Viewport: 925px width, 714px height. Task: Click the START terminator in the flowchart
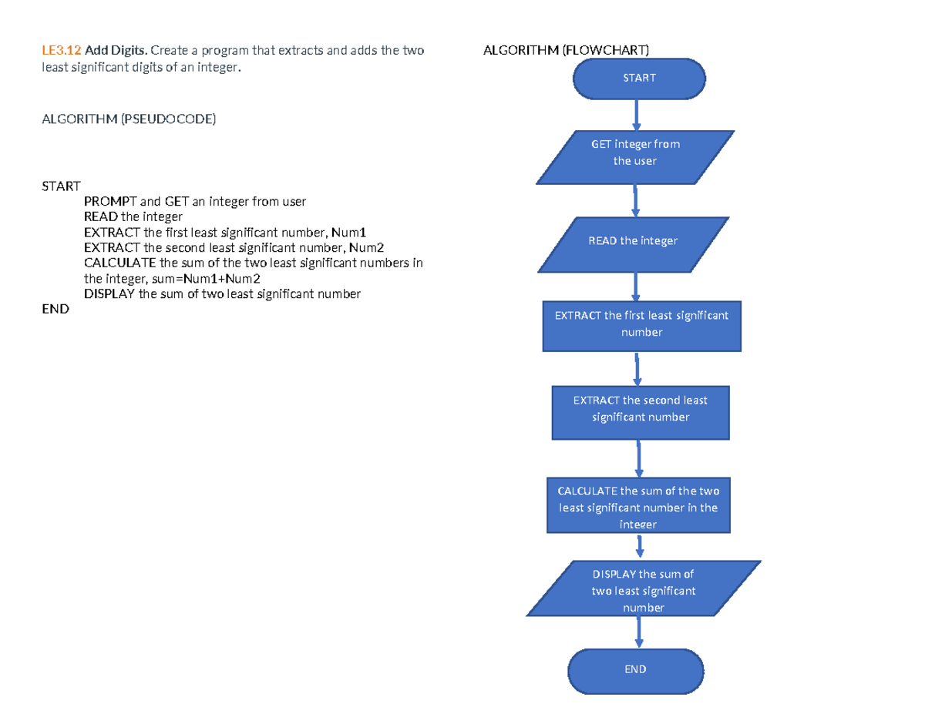pyautogui.click(x=638, y=78)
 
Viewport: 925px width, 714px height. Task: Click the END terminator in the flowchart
pyautogui.click(x=635, y=669)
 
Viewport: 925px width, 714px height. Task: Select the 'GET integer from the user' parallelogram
pyautogui.click(x=635, y=157)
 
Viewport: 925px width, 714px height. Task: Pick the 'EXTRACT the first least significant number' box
pyautogui.click(x=641, y=324)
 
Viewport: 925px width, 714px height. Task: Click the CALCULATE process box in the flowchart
pyautogui.click(x=638, y=504)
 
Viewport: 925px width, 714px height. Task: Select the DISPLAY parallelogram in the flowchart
pyautogui.click(x=643, y=589)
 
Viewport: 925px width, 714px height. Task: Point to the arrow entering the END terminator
pyautogui.click(x=638, y=632)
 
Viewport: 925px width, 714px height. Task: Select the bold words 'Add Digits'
pyautogui.click(x=116, y=51)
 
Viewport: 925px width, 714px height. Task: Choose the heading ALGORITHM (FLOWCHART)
pyautogui.click(x=566, y=51)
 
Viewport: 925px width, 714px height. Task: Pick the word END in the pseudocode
pyautogui.click(x=55, y=310)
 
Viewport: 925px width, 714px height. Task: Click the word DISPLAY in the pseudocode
pyautogui.click(x=109, y=294)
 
